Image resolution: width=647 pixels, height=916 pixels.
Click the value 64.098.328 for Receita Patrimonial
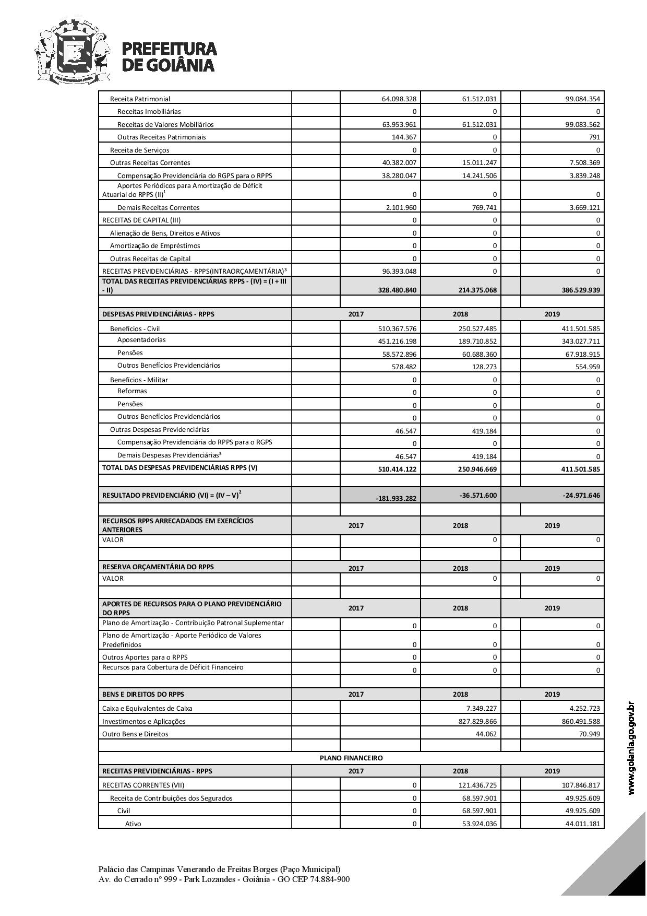tap(399, 99)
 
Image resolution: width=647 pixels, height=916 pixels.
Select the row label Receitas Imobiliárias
tap(149, 111)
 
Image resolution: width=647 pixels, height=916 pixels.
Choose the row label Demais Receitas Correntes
tap(158, 207)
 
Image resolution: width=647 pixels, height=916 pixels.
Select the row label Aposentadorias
tap(141, 340)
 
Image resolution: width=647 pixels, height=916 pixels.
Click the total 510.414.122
tap(398, 469)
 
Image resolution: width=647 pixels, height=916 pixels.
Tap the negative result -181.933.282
tap(396, 498)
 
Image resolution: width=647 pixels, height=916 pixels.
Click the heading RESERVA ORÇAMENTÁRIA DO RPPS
tap(158, 567)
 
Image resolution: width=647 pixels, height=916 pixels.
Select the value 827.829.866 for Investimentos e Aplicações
tap(477, 722)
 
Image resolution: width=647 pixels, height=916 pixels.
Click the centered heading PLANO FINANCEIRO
tap(351, 758)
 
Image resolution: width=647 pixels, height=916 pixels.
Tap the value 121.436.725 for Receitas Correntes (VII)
tap(477, 785)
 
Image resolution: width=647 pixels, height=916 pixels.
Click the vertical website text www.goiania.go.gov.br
tap(632, 748)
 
